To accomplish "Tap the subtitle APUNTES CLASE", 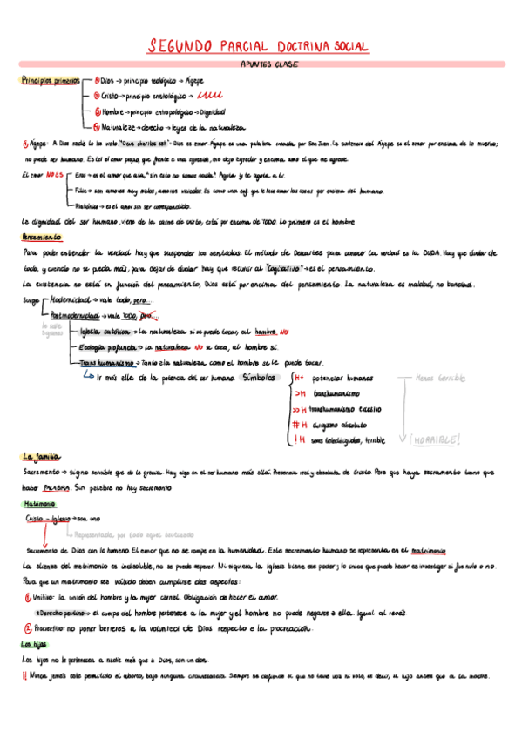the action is point(268,64).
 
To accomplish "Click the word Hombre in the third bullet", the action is point(113,111).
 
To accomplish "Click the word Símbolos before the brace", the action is point(259,379).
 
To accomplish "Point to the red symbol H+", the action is point(298,379).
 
